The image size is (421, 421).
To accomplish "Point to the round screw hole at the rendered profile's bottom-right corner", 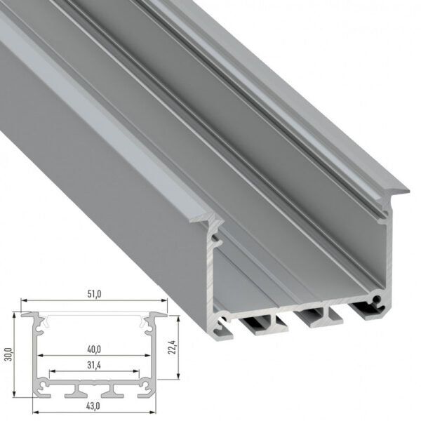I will [379, 300].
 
